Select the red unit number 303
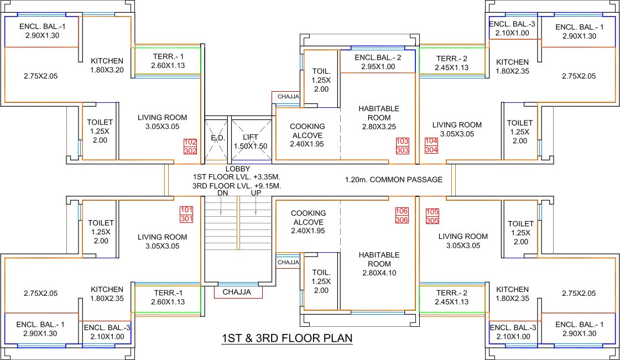click(402, 150)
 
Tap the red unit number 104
click(431, 141)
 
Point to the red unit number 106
click(402, 211)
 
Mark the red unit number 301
click(187, 218)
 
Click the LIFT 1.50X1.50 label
click(251, 142)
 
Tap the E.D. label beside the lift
click(216, 137)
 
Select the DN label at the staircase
click(222, 194)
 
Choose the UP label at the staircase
click(256, 194)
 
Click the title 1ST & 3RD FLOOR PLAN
click(286, 338)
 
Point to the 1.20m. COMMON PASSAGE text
click(393, 180)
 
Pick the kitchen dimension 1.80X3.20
click(107, 70)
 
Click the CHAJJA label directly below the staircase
click(237, 292)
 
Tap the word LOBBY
click(238, 169)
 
